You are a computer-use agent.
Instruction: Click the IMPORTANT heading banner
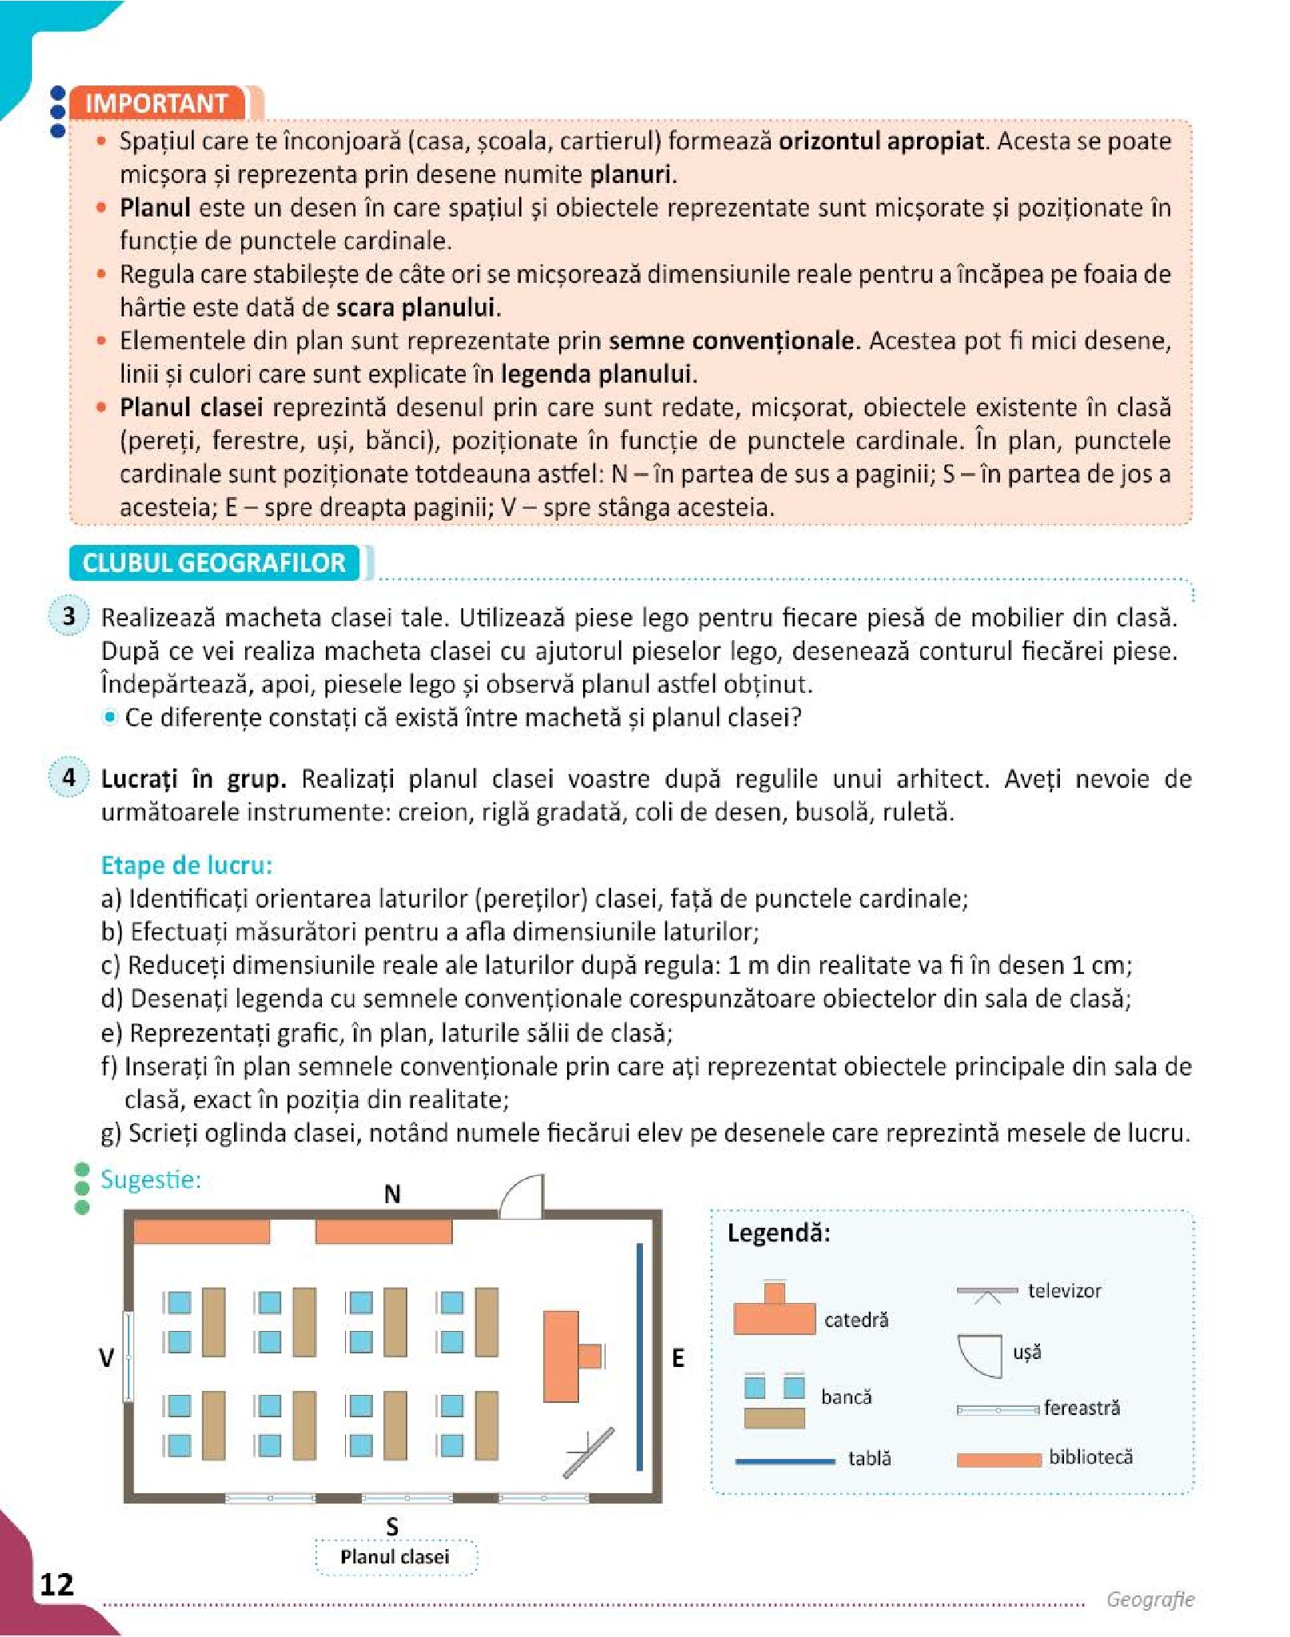coord(157,103)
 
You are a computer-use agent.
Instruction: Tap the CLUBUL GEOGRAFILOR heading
coord(213,562)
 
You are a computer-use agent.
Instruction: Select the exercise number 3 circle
coord(69,616)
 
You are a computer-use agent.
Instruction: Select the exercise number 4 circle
coord(69,777)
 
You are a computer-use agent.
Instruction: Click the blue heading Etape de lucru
coord(186,865)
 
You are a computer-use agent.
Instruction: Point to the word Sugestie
coord(150,1179)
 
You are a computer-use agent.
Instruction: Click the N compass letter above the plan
coord(392,1194)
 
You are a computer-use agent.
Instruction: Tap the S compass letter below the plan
coord(392,1527)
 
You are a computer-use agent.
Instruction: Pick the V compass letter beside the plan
coord(106,1357)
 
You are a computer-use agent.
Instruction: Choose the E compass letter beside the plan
coord(678,1357)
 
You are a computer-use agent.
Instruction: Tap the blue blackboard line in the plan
coord(639,1356)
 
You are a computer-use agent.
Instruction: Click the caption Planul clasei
coord(395,1556)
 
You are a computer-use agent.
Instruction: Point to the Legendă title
coord(779,1233)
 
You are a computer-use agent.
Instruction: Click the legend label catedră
coord(856,1320)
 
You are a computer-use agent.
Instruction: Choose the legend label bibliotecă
coord(1090,1456)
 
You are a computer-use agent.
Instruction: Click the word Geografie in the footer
coord(1149,1599)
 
